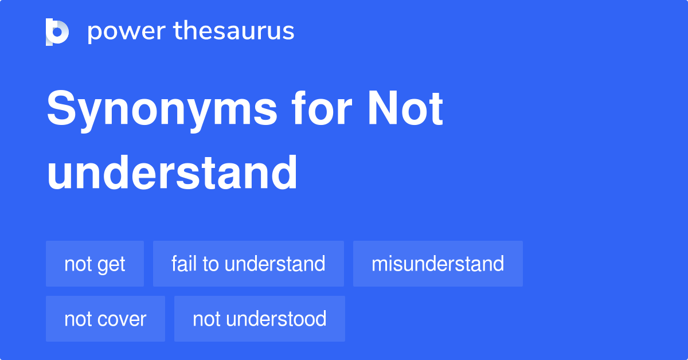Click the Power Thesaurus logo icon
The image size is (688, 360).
57,32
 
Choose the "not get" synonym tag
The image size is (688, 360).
95,264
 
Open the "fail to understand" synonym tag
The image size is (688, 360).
248,264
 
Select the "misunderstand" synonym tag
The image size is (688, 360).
437,264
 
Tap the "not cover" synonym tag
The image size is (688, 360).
105,319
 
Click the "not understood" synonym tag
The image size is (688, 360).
259,319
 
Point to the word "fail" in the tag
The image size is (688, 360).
183,264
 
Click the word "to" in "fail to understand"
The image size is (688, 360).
210,264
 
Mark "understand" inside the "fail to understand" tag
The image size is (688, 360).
275,264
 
